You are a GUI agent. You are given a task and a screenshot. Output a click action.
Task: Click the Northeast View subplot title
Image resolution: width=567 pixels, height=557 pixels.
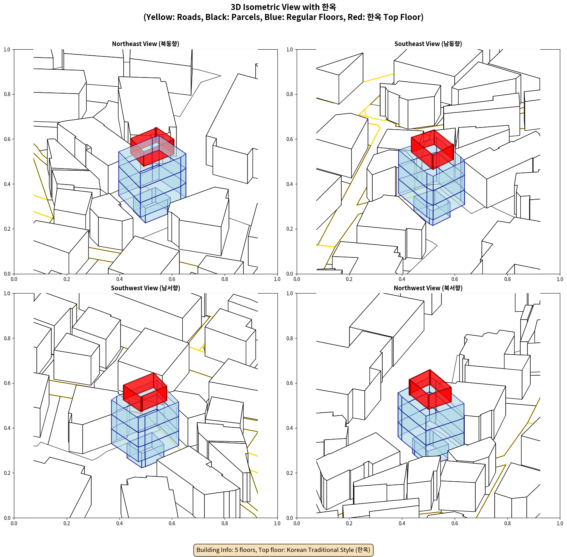pyautogui.click(x=145, y=44)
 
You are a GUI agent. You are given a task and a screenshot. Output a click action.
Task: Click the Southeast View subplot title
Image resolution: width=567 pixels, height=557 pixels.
pyautogui.click(x=428, y=44)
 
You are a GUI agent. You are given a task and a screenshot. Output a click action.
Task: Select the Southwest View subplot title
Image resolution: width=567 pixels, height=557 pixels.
pyautogui.click(x=145, y=288)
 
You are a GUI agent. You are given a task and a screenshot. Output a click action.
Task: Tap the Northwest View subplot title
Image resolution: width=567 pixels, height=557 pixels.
pyautogui.click(x=428, y=288)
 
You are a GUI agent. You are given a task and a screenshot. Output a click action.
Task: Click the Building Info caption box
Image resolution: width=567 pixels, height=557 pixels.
pyautogui.click(x=283, y=550)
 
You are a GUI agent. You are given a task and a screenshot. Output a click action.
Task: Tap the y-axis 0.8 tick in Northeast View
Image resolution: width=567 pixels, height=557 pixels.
pyautogui.click(x=7, y=94)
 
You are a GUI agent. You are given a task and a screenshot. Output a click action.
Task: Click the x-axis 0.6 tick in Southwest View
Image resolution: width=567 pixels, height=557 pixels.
pyautogui.click(x=172, y=523)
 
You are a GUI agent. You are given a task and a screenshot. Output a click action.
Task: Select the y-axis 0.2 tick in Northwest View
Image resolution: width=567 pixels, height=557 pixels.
pyautogui.click(x=290, y=473)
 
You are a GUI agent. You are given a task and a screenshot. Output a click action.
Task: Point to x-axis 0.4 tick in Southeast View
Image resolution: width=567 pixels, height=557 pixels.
pyautogui.click(x=402, y=279)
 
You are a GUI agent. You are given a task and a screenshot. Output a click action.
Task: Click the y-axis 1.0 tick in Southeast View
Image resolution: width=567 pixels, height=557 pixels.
pyautogui.click(x=290, y=50)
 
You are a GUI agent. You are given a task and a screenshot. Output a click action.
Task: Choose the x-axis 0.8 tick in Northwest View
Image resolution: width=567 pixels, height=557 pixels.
pyautogui.click(x=507, y=523)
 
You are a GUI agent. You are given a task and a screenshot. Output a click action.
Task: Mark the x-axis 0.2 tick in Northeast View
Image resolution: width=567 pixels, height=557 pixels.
pyautogui.click(x=67, y=279)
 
